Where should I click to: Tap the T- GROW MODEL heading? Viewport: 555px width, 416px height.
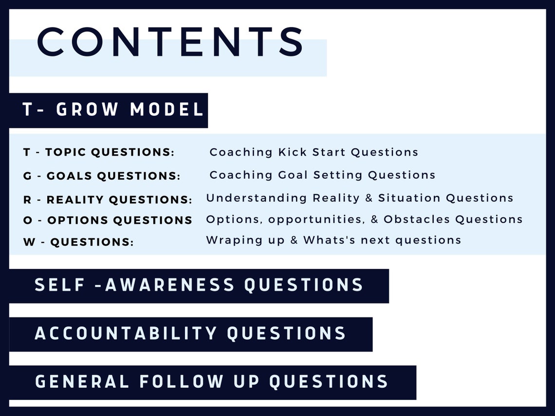[x=113, y=110]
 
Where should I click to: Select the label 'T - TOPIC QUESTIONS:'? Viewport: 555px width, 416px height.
[x=98, y=152]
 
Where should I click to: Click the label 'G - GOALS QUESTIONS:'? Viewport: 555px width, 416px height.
[x=101, y=176]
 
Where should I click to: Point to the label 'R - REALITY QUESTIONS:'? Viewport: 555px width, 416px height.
[x=108, y=199]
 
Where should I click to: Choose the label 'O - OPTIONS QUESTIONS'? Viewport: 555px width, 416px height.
[x=108, y=220]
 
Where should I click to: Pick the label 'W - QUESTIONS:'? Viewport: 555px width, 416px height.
[x=78, y=241]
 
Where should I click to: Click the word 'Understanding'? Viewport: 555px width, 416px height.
[x=257, y=198]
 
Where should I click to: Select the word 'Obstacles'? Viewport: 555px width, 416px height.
[x=417, y=219]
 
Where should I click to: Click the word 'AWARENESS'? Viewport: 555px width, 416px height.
[x=170, y=285]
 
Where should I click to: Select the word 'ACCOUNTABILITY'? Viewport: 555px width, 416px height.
[x=126, y=333]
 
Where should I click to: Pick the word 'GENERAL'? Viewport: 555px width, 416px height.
[x=82, y=381]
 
